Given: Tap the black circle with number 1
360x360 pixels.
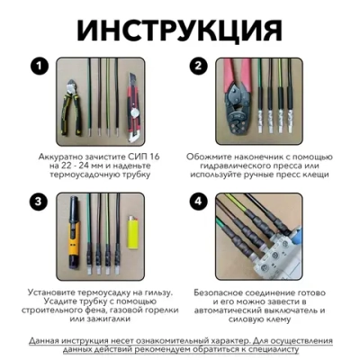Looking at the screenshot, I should pyautogui.click(x=38, y=67).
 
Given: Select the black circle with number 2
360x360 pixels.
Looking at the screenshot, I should pyautogui.click(x=200, y=67).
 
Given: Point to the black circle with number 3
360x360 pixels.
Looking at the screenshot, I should pyautogui.click(x=38, y=201).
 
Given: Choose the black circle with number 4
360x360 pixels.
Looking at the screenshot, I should pyautogui.click(x=200, y=201).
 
